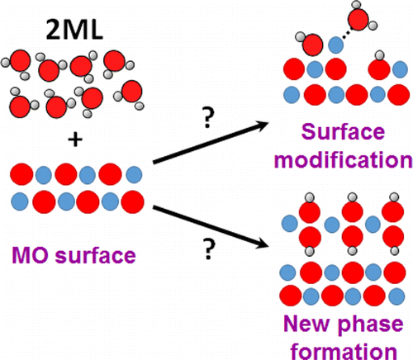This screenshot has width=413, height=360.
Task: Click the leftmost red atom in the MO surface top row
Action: [21, 175]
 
